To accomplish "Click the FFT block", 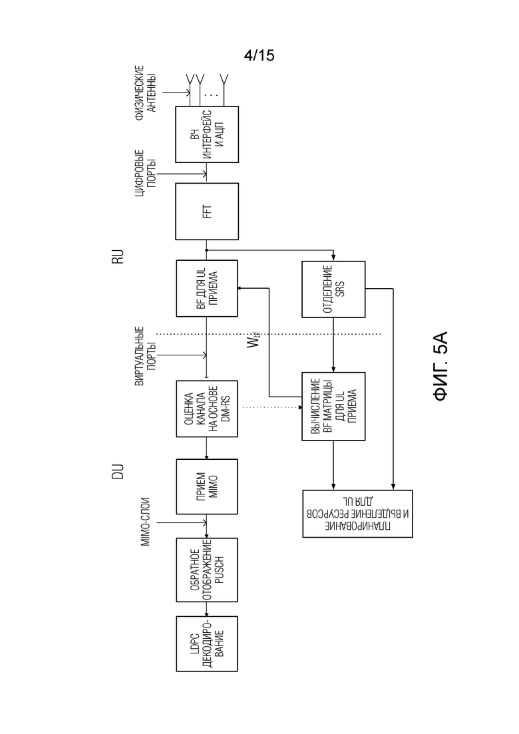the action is tap(207, 212).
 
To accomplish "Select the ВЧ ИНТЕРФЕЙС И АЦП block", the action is tap(207, 134).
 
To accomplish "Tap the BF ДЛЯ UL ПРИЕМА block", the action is tap(207, 288).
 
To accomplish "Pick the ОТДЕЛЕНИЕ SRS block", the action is tap(333, 289).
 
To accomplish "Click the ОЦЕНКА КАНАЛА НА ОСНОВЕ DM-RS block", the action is tap(207, 409).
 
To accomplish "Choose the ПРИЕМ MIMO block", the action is tap(207, 487).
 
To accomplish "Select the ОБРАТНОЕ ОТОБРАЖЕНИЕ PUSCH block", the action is tap(207, 570).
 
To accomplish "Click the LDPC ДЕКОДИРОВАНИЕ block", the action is tap(207, 643).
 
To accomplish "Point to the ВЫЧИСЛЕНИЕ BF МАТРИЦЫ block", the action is tap(333, 407).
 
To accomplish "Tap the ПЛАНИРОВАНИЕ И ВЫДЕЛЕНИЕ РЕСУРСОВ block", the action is tap(357, 514).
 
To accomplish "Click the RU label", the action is tap(118, 256).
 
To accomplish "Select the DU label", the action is tap(118, 471).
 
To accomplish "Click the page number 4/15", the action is tap(259, 55).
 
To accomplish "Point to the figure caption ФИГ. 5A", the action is tap(441, 366).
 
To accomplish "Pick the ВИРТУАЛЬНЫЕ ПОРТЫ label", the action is tap(146, 356).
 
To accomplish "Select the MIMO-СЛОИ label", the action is tap(146, 522).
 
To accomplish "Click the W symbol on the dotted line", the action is tap(254, 341).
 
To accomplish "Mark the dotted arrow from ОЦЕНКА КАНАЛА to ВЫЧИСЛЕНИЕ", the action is tap(272, 408).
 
